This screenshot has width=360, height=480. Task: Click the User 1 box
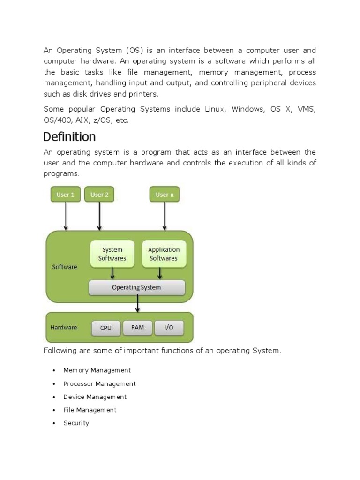point(65,195)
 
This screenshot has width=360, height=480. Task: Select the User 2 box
point(99,195)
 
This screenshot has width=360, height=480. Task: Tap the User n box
point(164,195)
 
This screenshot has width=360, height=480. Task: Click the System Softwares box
point(112,254)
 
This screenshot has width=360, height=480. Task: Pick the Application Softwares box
point(164,254)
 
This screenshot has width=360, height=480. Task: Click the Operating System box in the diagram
point(136,288)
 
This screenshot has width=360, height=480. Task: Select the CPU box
point(106,328)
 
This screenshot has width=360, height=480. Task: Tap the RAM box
point(138,328)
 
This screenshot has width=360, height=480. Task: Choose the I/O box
point(168,328)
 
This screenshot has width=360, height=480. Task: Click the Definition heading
point(69,137)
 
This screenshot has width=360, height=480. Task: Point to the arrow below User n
point(165,216)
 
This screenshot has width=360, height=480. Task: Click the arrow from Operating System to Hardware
point(137,304)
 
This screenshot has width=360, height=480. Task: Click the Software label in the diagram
point(64,267)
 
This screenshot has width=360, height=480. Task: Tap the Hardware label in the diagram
point(64,327)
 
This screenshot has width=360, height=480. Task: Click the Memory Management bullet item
point(97,370)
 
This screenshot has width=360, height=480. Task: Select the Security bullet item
point(76,423)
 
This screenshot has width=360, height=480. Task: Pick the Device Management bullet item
point(95,397)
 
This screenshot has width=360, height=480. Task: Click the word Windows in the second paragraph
point(248,109)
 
